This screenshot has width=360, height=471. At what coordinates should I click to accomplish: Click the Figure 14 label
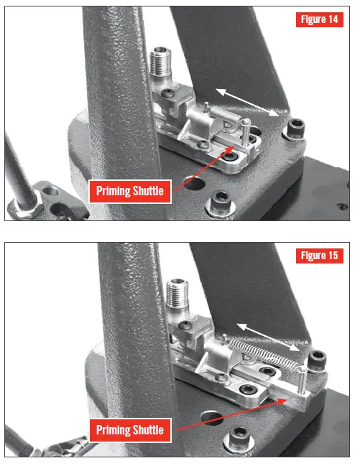pos(318,19)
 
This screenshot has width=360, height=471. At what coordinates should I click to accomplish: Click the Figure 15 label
pos(318,256)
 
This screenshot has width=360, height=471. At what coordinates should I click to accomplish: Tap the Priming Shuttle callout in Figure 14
pos(129,191)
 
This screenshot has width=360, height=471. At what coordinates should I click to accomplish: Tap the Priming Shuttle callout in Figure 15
pos(129,431)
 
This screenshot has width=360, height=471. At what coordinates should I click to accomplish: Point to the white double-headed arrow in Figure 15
pos(267,335)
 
